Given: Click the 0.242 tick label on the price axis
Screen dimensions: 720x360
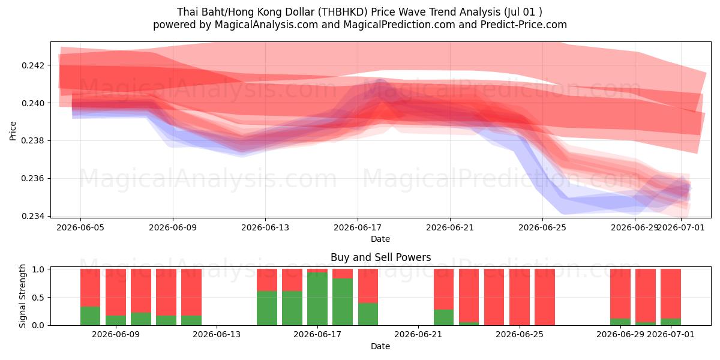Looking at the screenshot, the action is pos(32,65).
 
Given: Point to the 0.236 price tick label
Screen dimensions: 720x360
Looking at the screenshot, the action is pos(32,178).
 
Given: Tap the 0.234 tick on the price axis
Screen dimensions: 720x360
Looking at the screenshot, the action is pos(32,216).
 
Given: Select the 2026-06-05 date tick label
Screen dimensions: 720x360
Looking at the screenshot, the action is pos(80,227).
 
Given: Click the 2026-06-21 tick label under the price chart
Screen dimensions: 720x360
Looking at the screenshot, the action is pos(450,227).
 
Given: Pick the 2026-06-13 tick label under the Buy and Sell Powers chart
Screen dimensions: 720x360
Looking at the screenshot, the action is pos(217,334).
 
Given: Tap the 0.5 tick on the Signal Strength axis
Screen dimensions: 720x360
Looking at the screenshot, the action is pos(39,298).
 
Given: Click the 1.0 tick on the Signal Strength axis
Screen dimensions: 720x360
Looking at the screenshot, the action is pos(39,269).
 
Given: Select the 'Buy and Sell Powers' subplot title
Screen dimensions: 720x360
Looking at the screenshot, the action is pos(380,257).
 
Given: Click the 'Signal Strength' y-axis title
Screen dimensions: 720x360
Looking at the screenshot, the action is pos(22,296).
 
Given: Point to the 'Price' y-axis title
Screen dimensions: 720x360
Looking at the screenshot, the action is pos(13,131).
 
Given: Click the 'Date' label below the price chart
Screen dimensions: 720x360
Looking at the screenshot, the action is pos(380,239).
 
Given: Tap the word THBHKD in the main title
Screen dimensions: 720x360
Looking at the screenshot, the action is pos(343,12).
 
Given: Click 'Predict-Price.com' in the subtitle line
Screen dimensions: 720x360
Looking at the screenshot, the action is pos(524,25).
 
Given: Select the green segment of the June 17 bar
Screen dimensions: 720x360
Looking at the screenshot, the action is pos(317,299).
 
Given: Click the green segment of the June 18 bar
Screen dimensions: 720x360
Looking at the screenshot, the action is pos(343,302).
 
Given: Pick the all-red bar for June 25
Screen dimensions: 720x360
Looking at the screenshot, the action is pos(545,297).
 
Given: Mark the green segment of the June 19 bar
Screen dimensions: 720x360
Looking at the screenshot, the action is pos(368,314).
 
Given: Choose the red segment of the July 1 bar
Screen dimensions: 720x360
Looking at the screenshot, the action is pos(671,293).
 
